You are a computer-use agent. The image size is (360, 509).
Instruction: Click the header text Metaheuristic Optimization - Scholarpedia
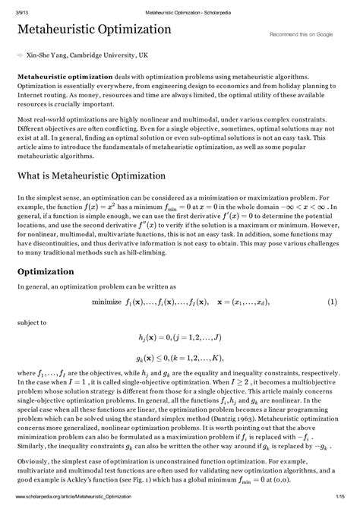(x=180, y=7)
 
